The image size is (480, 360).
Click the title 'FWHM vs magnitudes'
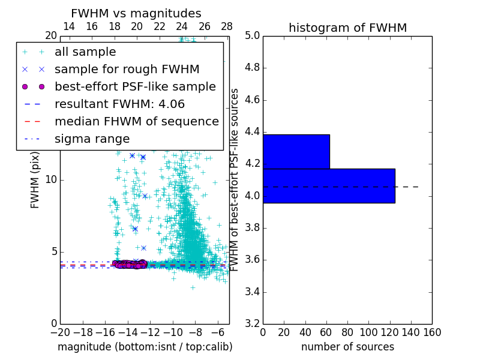point(136,13)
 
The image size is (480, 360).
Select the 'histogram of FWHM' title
point(347,28)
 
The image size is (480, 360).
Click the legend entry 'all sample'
point(85,52)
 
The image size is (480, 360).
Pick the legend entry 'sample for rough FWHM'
point(127,69)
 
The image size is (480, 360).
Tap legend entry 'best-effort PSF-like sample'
point(135,86)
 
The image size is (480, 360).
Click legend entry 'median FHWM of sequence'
point(136,121)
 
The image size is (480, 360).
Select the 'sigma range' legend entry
point(92,139)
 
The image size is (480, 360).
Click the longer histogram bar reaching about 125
point(329,186)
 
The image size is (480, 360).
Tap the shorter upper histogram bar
point(296,152)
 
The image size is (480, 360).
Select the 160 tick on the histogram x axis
point(432,332)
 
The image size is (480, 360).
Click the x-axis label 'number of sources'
point(347,347)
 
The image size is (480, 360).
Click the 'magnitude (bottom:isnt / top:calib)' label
point(145,347)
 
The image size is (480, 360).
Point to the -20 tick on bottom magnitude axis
point(60,332)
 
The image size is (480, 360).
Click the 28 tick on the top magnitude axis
point(227,26)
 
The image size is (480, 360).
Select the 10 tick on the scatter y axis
point(50,180)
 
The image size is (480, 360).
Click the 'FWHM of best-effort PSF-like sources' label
point(235,180)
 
